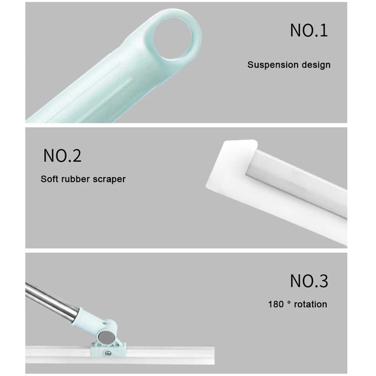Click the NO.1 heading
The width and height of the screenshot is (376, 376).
pyautogui.click(x=309, y=31)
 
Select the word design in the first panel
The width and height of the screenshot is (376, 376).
pyautogui.click(x=316, y=65)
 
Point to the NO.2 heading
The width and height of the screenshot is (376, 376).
pyautogui.click(x=62, y=156)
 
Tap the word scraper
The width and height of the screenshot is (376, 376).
pyautogui.click(x=109, y=179)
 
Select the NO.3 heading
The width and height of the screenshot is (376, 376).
pyautogui.click(x=309, y=281)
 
